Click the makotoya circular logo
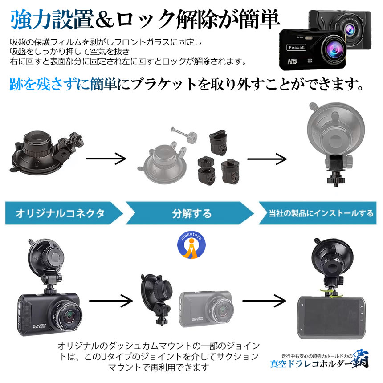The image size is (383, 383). (191, 245)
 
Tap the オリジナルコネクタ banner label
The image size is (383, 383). (61, 213)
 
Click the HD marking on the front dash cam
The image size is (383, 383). (293, 61)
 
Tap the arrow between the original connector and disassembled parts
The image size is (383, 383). (106, 158)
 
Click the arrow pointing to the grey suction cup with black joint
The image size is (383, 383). (267, 158)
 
